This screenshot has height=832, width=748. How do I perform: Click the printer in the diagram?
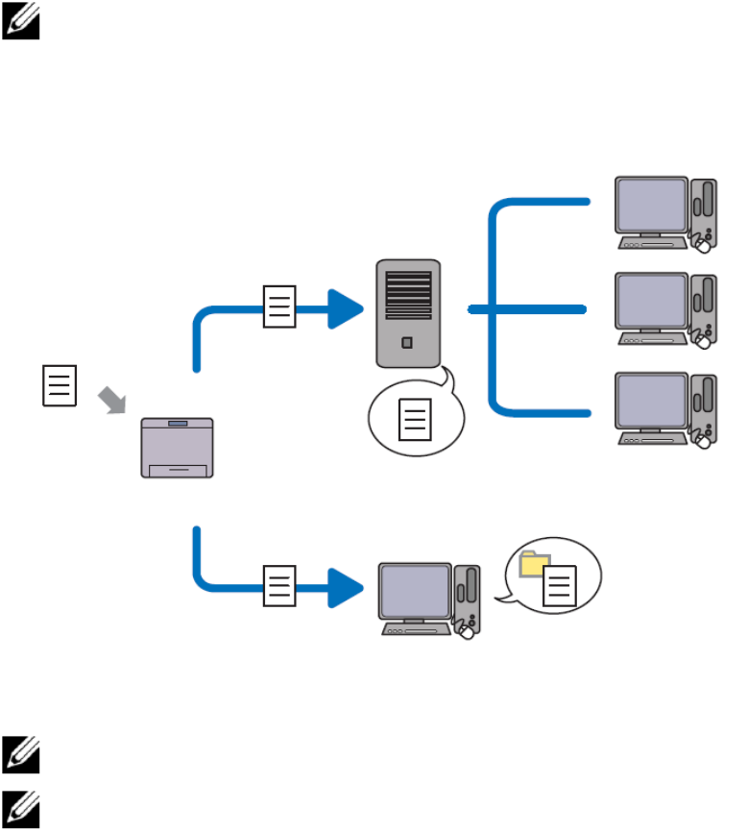[178, 448]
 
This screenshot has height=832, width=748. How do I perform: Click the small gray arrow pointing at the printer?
[114, 401]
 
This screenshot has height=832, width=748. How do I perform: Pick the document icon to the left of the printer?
[59, 386]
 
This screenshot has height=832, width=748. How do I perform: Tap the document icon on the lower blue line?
[279, 585]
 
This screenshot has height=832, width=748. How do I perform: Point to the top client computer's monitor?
[651, 206]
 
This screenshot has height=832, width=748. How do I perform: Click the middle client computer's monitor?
[651, 304]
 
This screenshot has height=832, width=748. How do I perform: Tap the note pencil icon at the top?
[20, 22]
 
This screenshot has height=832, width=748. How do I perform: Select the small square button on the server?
[408, 342]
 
